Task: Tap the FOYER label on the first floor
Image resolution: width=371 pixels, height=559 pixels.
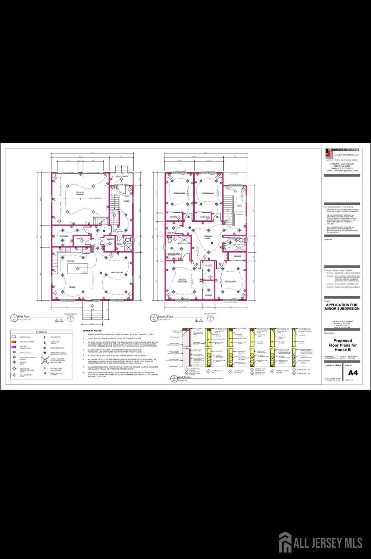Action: [127, 201]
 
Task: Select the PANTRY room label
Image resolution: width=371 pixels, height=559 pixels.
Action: [80, 238]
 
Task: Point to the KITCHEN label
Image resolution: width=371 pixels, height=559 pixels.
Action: [71, 261]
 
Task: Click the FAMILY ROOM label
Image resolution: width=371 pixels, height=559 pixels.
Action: [117, 272]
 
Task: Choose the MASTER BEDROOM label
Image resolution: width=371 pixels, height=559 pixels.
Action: [183, 280]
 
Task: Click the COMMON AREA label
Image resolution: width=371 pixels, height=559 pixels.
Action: [208, 237]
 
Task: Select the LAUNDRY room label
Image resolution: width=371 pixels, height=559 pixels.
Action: [171, 232]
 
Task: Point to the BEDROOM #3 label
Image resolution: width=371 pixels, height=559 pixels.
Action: [230, 281]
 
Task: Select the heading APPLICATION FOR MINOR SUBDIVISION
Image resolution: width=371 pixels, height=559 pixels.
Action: [342, 307]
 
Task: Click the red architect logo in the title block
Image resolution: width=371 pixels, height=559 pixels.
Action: [328, 153]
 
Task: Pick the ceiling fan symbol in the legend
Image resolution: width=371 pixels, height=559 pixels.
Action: [45, 360]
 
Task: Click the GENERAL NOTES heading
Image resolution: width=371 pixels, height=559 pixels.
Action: [92, 331]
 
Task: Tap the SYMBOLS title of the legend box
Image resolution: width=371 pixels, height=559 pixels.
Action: [41, 332]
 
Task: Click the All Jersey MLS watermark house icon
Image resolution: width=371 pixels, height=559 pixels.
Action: [285, 542]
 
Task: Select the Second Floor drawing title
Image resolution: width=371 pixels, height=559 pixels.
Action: [165, 316]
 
